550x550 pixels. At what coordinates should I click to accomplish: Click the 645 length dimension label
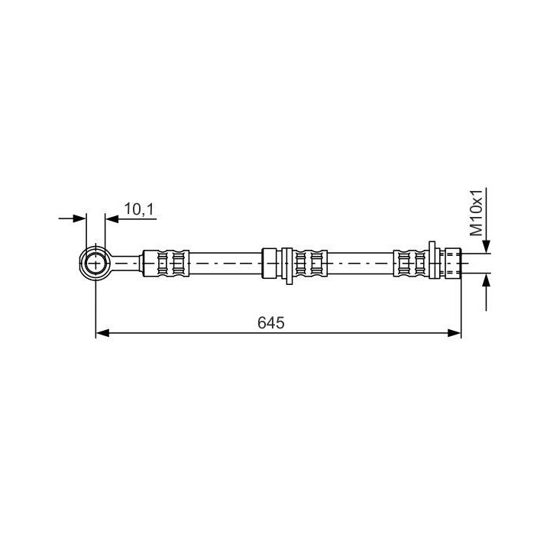click(x=270, y=322)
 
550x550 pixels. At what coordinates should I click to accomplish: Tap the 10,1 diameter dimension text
click(x=139, y=209)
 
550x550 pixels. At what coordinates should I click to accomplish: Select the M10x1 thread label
click(x=477, y=212)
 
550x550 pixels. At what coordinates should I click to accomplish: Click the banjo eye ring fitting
click(x=95, y=263)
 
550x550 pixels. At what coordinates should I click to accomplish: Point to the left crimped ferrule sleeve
click(x=167, y=264)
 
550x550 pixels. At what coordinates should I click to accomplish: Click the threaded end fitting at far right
click(x=453, y=263)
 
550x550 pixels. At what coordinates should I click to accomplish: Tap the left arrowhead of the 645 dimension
click(x=102, y=333)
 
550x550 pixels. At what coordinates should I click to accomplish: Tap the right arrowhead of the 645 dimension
click(x=455, y=333)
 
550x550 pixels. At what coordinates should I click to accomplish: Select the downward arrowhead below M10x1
click(x=486, y=246)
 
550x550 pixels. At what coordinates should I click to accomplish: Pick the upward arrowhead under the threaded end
click(x=486, y=280)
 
